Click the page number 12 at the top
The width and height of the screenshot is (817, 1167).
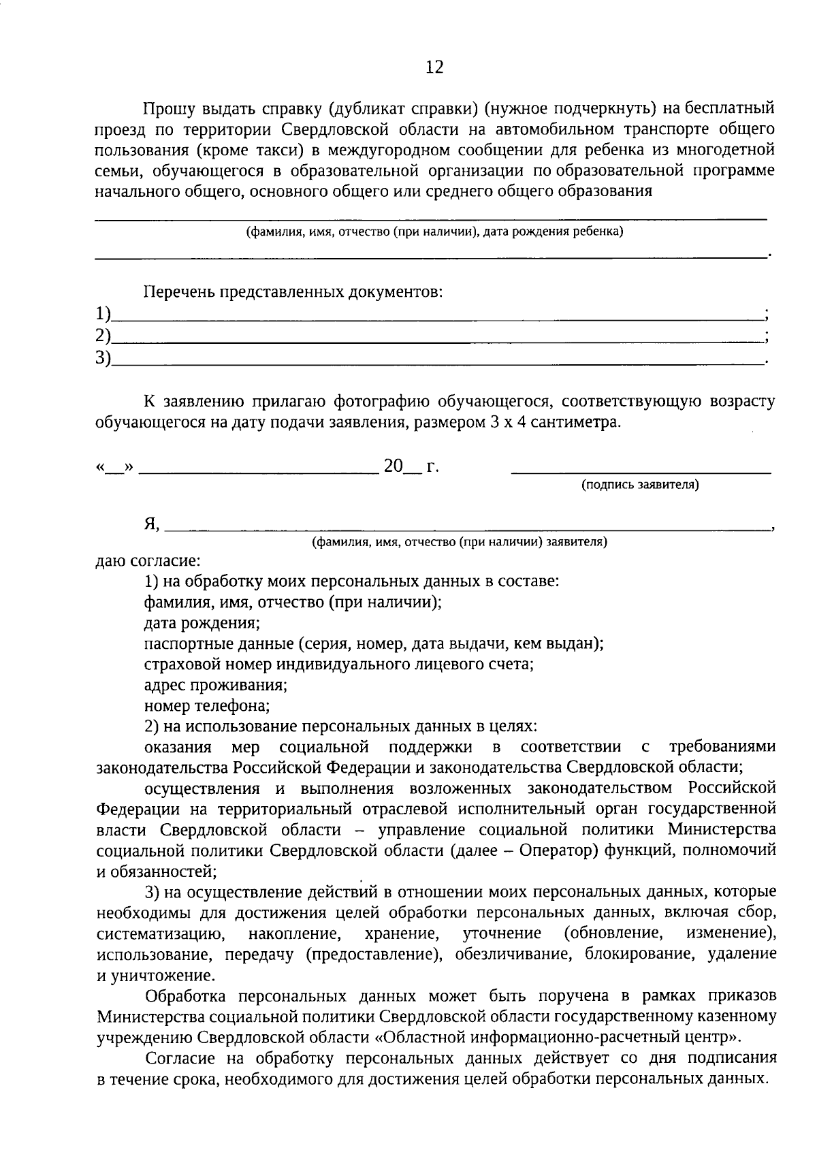434,67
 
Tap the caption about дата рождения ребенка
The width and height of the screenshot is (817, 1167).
434,231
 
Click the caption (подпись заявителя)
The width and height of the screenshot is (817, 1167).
640,485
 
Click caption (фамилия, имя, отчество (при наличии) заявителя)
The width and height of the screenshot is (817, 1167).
460,542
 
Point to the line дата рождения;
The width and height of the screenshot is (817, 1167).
202,623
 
